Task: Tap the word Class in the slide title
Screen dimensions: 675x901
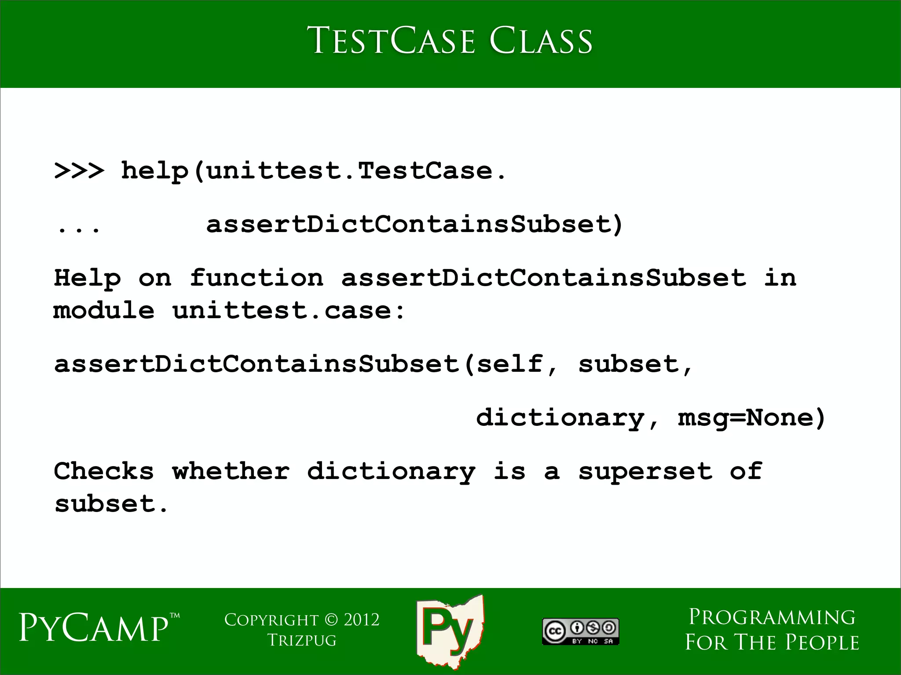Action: pyautogui.click(x=541, y=41)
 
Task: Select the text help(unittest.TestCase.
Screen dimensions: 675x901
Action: pyautogui.click(x=313, y=171)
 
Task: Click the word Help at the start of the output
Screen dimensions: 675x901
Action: pyautogui.click(x=87, y=278)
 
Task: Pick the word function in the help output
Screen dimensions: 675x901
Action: pyautogui.click(x=256, y=278)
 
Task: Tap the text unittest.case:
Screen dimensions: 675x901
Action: pyautogui.click(x=289, y=311)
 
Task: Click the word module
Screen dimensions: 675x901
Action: pyautogui.click(x=104, y=311)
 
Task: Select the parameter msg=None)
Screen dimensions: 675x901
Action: pyautogui.click(x=751, y=417)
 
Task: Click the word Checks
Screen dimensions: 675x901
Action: pyautogui.click(x=104, y=471)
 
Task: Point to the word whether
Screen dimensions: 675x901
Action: pyautogui.click(x=231, y=471)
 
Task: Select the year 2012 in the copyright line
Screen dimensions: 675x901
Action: pyautogui.click(x=362, y=620)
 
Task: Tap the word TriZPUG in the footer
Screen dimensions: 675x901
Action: pyautogui.click(x=302, y=640)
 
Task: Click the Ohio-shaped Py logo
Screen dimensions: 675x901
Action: pyautogui.click(x=450, y=631)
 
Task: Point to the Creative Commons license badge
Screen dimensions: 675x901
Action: pyautogui.click(x=581, y=632)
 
